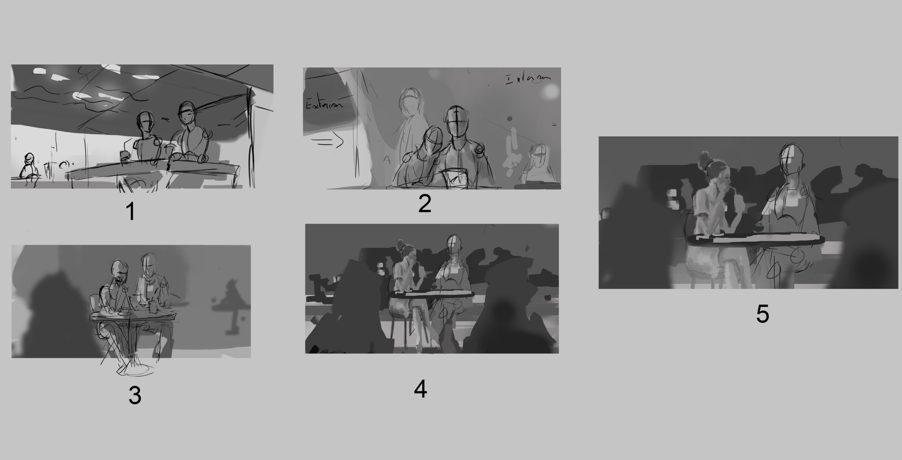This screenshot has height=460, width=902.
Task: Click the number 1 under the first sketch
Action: (x=131, y=212)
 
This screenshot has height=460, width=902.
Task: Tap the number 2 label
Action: (x=424, y=204)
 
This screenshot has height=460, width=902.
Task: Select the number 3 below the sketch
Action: (x=135, y=396)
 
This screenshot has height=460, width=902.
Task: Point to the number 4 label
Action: (x=421, y=390)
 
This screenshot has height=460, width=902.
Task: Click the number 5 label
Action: (x=762, y=314)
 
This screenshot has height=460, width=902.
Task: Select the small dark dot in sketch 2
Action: (x=509, y=118)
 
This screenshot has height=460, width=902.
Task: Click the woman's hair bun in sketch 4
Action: (x=400, y=244)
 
